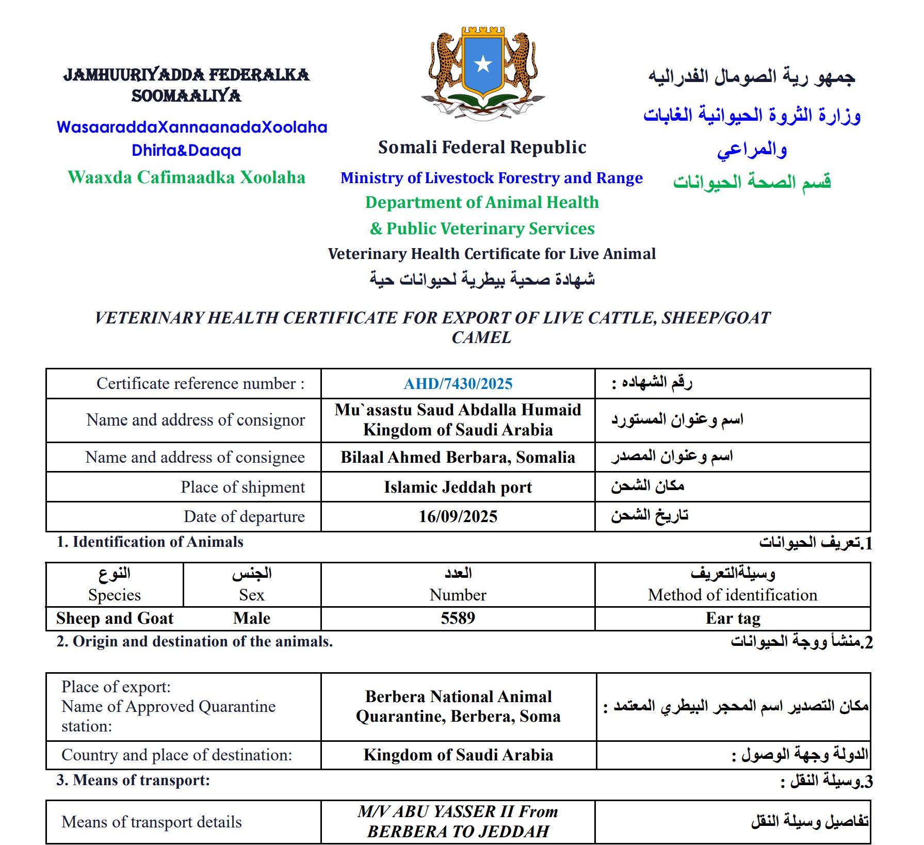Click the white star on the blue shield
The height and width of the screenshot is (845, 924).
[x=483, y=64]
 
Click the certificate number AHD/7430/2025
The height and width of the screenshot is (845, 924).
[x=458, y=384]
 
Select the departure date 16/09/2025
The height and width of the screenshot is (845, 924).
[x=458, y=516]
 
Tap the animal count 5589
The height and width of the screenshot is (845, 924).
[x=458, y=618]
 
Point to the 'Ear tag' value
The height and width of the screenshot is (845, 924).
[x=733, y=618]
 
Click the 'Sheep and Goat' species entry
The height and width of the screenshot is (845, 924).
[x=115, y=618]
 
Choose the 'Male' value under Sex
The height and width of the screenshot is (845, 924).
[x=251, y=618]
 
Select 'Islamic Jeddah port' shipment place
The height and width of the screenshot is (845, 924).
[x=458, y=487]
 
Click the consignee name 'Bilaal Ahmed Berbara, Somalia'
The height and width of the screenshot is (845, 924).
[x=458, y=457]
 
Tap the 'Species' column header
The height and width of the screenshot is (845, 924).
[x=115, y=595]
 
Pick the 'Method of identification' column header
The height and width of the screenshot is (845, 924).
[x=733, y=595]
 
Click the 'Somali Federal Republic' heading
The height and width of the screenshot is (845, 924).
[x=482, y=148]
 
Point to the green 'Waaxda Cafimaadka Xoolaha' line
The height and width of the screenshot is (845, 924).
[x=186, y=177]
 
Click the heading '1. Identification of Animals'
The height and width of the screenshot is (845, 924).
[x=150, y=542]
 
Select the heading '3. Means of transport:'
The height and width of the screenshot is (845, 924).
[x=133, y=780]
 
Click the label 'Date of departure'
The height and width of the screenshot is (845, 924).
[x=244, y=516]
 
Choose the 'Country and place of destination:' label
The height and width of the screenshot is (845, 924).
[x=176, y=755]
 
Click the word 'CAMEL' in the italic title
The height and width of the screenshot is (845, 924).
[x=481, y=337]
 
